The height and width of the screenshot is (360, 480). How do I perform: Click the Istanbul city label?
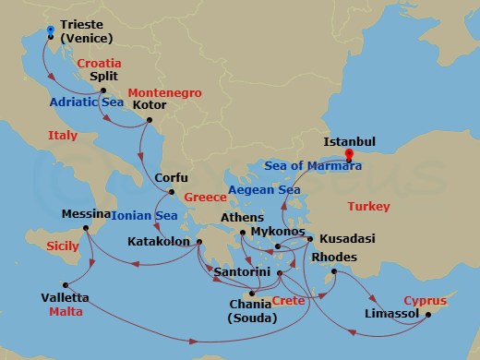(349, 142)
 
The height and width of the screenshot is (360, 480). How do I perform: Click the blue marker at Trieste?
(49, 30)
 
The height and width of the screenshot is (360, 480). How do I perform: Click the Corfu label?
(172, 178)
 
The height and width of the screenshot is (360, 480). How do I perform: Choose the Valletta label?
(65, 297)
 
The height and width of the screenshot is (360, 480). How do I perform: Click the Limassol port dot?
(428, 315)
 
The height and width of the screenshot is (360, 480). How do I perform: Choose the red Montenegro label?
(162, 93)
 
